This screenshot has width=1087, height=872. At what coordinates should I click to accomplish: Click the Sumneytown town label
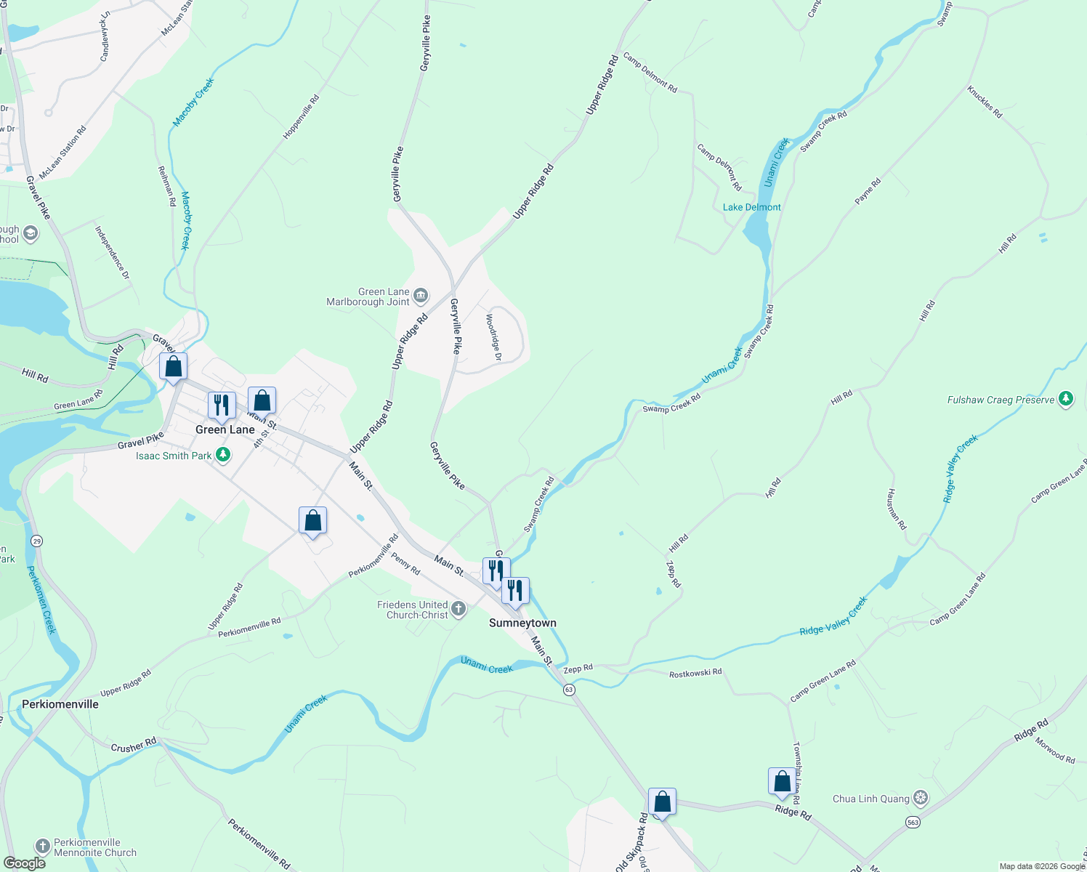click(x=522, y=623)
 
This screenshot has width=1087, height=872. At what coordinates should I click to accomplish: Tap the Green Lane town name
click(x=225, y=429)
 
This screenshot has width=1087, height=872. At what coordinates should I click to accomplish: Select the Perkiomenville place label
click(x=60, y=704)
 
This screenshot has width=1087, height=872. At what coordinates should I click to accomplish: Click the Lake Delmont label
click(x=751, y=207)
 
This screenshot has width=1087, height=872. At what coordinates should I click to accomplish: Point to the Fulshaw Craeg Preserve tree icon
click(x=1066, y=399)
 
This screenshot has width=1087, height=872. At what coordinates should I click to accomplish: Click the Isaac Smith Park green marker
click(x=224, y=456)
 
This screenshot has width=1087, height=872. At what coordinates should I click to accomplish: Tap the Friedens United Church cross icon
click(x=458, y=609)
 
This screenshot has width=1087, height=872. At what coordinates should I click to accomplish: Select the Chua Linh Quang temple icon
click(x=921, y=799)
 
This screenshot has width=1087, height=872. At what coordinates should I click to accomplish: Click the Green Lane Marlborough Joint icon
click(x=421, y=296)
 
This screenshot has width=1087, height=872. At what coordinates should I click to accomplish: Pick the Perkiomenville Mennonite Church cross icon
click(x=43, y=847)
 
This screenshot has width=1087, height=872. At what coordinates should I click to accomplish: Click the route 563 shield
click(x=913, y=822)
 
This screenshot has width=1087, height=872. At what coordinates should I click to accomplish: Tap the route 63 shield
click(x=570, y=690)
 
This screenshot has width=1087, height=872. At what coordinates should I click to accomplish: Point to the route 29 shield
click(x=36, y=541)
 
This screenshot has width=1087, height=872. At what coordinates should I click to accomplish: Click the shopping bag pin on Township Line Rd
click(x=782, y=782)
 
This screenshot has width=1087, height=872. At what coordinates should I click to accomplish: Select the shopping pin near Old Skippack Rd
click(x=662, y=802)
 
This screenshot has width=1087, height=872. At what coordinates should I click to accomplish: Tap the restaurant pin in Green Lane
click(x=222, y=405)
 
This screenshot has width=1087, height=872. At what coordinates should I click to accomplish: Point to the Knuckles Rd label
click(x=985, y=102)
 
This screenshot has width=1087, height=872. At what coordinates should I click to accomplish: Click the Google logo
click(x=24, y=863)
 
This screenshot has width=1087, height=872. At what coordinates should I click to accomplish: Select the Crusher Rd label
click(x=134, y=746)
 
